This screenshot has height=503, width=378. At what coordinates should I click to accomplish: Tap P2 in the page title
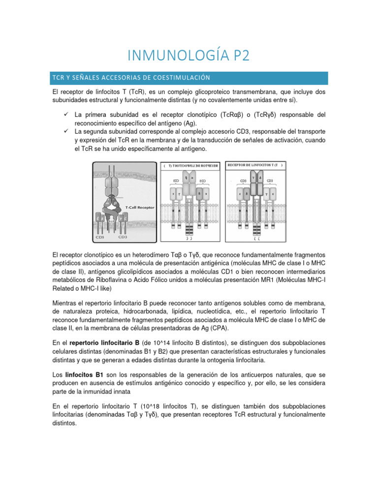tap(237, 55)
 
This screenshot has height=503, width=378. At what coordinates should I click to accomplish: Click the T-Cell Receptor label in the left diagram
tap(140, 207)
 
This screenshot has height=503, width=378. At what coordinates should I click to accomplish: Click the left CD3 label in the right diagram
tap(242, 180)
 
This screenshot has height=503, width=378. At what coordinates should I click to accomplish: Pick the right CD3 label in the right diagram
tap(270, 180)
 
